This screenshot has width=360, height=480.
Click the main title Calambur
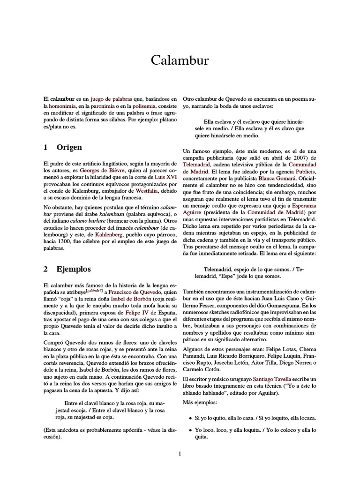tap(180, 60)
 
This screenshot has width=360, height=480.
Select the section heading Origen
tap(69, 147)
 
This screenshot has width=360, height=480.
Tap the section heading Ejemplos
tap(74, 269)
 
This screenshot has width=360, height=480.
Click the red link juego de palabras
tap(112, 99)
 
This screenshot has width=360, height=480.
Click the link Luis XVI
tap(162, 178)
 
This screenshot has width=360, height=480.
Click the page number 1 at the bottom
tap(180, 453)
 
